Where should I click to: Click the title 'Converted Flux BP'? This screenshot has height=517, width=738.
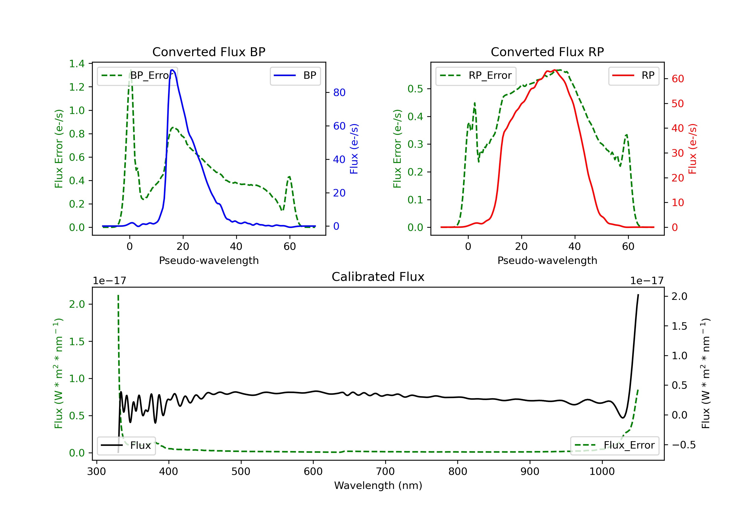(x=209, y=52)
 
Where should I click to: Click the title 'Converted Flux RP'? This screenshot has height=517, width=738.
(x=547, y=52)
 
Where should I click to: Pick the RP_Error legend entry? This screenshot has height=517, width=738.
(x=476, y=76)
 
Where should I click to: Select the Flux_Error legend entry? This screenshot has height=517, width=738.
(x=615, y=445)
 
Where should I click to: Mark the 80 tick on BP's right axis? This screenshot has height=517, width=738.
(x=339, y=93)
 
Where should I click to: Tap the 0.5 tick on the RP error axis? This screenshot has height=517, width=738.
(x=415, y=89)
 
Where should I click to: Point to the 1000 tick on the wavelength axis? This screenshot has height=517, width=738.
(x=602, y=472)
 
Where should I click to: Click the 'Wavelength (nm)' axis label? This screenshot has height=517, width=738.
(x=378, y=485)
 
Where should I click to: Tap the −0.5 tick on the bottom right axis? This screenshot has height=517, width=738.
(x=683, y=445)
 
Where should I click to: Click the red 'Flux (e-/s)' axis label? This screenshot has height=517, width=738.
(x=692, y=149)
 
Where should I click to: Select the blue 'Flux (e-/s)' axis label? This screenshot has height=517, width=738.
(x=354, y=149)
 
